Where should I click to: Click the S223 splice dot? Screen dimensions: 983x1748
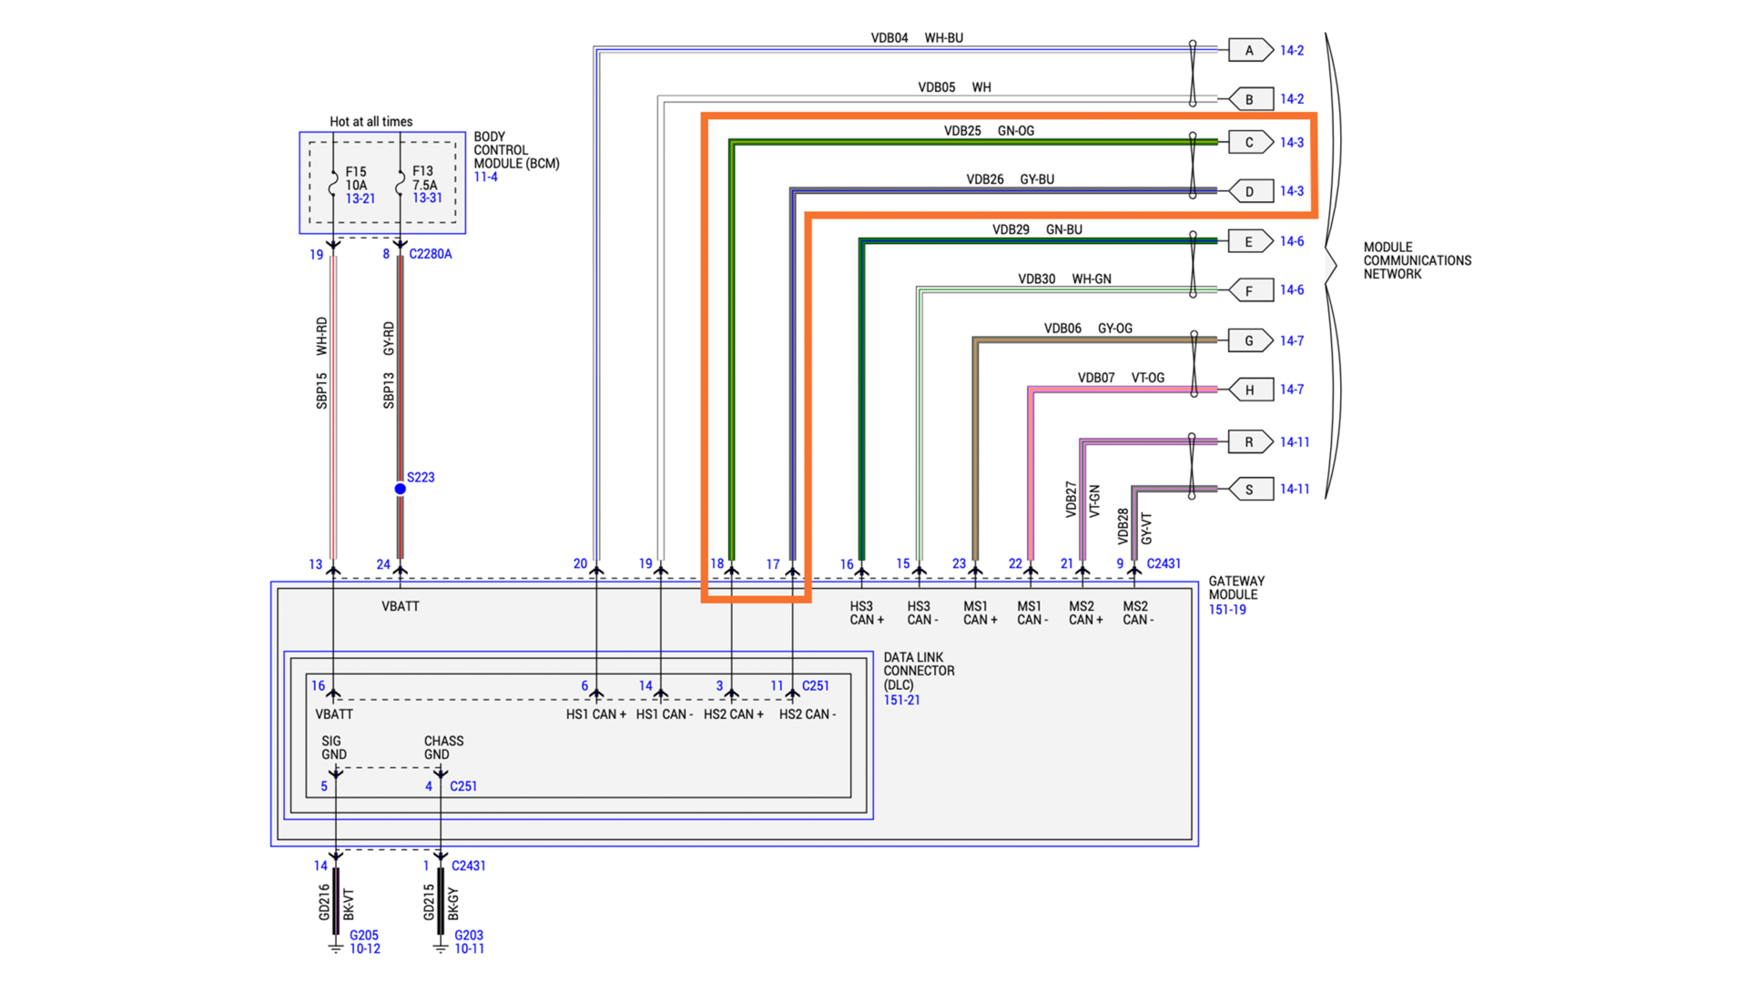400,489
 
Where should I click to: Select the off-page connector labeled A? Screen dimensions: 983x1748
1249,50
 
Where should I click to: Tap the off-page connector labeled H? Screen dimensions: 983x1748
1249,390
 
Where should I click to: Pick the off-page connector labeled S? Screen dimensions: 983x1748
1249,490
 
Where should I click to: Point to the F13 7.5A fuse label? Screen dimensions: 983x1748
425,184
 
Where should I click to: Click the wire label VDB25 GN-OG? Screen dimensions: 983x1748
989,131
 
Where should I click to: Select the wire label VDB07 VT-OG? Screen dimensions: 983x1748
1121,378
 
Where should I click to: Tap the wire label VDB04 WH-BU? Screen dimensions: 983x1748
917,38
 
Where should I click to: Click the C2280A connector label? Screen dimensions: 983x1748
430,254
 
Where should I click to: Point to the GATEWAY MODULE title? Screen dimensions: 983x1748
1236,588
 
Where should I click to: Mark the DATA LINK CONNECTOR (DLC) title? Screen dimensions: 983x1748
919,671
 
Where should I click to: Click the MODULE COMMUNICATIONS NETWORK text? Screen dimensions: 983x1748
1417,260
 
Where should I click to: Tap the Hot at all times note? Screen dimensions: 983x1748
371,121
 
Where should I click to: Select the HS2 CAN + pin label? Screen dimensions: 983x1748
733,714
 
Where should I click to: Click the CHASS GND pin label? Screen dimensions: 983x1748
443,747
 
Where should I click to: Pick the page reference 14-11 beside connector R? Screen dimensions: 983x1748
1295,442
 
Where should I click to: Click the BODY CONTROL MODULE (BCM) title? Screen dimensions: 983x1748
515,150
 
